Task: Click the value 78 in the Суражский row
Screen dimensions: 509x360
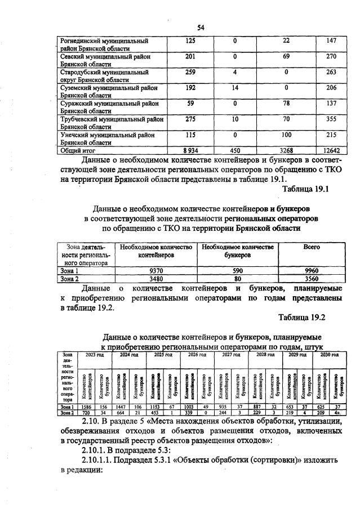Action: point(286,104)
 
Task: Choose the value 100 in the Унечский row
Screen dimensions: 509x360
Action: point(286,136)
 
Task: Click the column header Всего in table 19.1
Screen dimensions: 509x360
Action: point(311,247)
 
